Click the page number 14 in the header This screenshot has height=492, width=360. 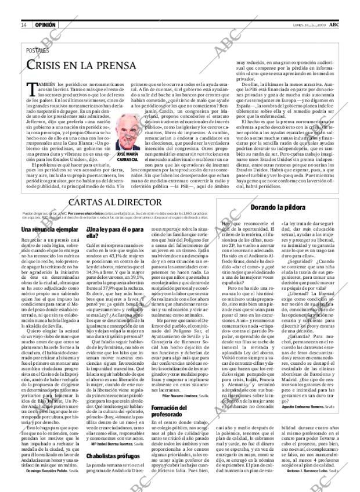click(x=24, y=25)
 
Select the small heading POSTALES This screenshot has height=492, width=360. click(x=38, y=51)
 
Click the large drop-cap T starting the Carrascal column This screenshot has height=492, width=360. click(x=33, y=90)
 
